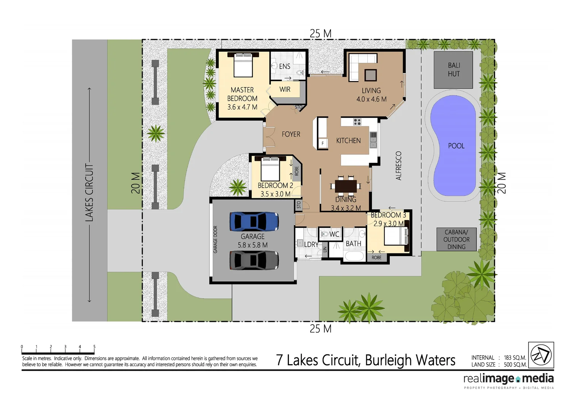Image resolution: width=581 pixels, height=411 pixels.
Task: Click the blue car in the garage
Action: (x=254, y=221)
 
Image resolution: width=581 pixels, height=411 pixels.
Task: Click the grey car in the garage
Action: (x=254, y=260)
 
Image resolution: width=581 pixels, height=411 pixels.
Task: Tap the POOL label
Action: (x=456, y=146)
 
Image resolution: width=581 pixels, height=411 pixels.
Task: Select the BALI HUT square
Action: (x=453, y=70)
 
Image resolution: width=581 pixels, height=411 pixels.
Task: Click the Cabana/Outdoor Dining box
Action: (x=456, y=239)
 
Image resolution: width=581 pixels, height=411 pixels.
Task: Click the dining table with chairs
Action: (x=346, y=186)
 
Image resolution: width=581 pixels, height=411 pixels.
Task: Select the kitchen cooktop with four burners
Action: (x=357, y=122)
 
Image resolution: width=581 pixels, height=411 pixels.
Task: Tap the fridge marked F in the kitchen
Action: (x=322, y=143)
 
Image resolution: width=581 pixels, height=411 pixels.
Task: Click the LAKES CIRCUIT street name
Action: (x=89, y=193)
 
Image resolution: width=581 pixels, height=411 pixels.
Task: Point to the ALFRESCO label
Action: (x=398, y=166)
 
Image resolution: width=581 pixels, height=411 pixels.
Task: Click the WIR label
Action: (x=285, y=89)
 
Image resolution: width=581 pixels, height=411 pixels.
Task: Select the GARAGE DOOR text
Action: (x=215, y=239)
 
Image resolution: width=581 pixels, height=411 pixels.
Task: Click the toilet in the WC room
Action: (x=324, y=234)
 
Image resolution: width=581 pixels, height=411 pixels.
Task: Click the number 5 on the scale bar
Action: (x=94, y=347)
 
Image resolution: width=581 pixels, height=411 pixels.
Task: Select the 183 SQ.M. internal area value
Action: (x=515, y=358)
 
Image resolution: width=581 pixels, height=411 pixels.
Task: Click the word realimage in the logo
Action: (x=489, y=379)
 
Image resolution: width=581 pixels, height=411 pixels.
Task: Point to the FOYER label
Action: (x=291, y=134)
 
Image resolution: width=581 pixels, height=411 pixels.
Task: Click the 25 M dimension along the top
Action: (x=320, y=34)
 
